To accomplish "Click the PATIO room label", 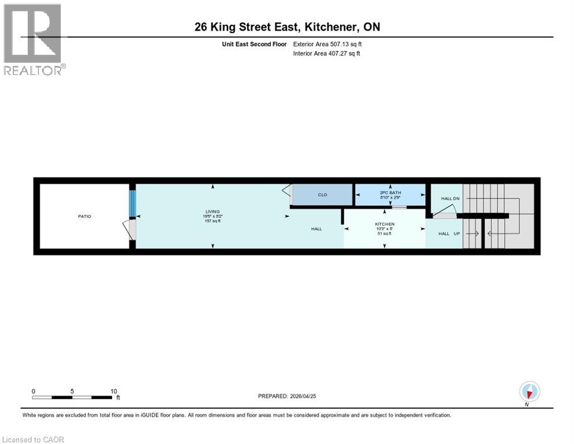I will click(x=85, y=216).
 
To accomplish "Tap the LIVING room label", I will click(x=213, y=212).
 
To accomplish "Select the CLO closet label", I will click(x=323, y=195).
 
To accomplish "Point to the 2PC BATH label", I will click(x=390, y=193).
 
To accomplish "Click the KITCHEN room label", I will click(x=385, y=224).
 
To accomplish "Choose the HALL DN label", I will click(x=450, y=198).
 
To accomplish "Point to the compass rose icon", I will click(x=529, y=391).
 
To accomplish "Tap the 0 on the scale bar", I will click(x=33, y=391).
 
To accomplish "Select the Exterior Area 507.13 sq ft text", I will click(x=327, y=44).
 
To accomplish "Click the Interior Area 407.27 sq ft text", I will click(x=326, y=54).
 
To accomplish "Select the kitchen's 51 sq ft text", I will click(x=385, y=234).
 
